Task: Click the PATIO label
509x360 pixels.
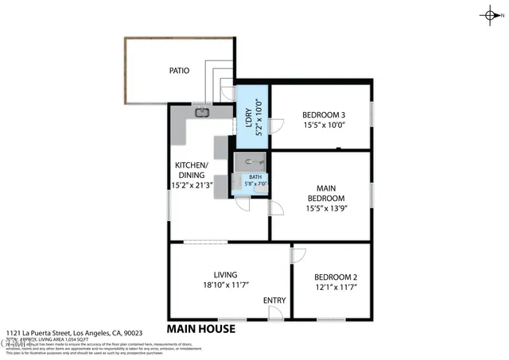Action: click(179, 70)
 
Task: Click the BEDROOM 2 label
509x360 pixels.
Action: click(335, 277)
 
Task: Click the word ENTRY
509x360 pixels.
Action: click(274, 300)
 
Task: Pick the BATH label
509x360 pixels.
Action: click(255, 177)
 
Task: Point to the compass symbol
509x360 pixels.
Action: click(488, 15)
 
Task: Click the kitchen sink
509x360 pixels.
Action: click(202, 112)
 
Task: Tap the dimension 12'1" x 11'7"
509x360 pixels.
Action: click(335, 286)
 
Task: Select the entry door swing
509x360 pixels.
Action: click(274, 312)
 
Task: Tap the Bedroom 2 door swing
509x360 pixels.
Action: click(297, 255)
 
